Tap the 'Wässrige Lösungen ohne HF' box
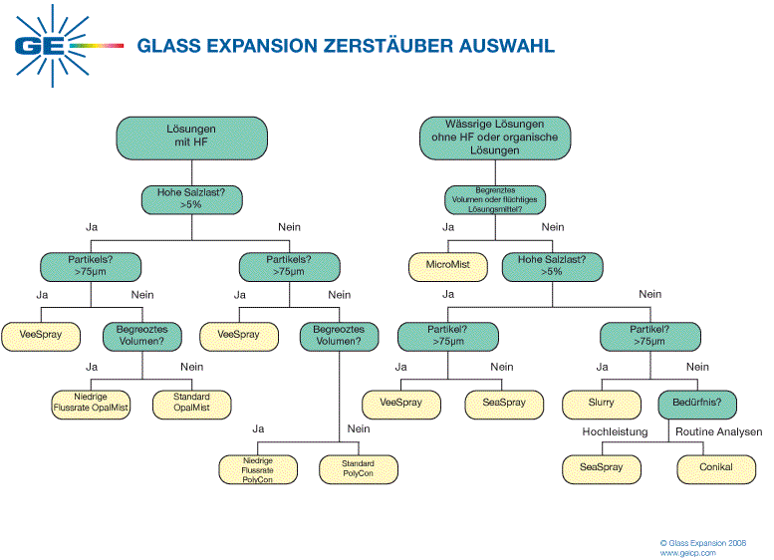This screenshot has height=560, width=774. pyautogui.click(x=495, y=138)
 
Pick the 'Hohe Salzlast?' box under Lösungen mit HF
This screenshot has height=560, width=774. pyautogui.click(x=192, y=198)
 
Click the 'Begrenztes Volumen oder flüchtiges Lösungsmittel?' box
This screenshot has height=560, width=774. pyautogui.click(x=495, y=199)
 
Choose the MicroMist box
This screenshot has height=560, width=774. pyautogui.click(x=447, y=266)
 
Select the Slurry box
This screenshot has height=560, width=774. pyautogui.click(x=602, y=404)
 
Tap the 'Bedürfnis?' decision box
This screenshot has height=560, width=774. pyautogui.click(x=698, y=404)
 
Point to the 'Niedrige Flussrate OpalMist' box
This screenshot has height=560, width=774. pyautogui.click(x=91, y=403)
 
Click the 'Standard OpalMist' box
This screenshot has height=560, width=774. pyautogui.click(x=191, y=403)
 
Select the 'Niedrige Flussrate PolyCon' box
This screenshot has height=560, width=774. pyautogui.click(x=258, y=469)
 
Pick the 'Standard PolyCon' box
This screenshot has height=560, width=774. pyautogui.click(x=358, y=469)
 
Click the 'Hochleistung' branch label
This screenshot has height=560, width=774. pyautogui.click(x=616, y=432)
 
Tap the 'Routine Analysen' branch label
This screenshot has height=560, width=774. pyautogui.click(x=718, y=432)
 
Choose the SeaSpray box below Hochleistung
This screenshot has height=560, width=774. pyautogui.click(x=602, y=467)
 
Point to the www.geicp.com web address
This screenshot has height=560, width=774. pyautogui.click(x=687, y=552)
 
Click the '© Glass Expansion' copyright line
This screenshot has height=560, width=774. pyautogui.click(x=702, y=542)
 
